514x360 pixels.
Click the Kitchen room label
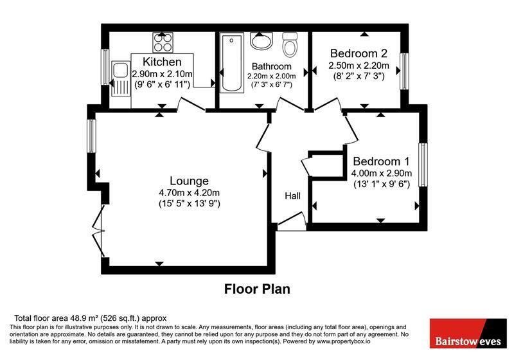(162, 62)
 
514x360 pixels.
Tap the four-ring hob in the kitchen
(163, 42)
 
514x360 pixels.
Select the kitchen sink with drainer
(120, 78)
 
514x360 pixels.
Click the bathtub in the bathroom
(232, 62)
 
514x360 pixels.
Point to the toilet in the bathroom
(290, 44)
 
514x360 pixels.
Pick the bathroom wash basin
(261, 41)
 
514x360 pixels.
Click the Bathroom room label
(271, 67)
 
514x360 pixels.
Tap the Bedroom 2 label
(359, 53)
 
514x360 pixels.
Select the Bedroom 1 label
(381, 161)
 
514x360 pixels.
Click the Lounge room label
(189, 181)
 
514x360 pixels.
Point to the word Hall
(292, 196)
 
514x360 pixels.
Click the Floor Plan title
(257, 289)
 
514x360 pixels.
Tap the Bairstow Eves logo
(468, 333)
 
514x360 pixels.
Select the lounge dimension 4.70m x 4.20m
(189, 193)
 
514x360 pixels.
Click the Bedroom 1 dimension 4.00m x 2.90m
(382, 173)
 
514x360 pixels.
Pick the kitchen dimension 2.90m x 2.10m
(162, 74)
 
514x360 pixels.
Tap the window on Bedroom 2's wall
(405, 71)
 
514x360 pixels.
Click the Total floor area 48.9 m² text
(90, 318)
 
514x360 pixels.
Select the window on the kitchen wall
(105, 67)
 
